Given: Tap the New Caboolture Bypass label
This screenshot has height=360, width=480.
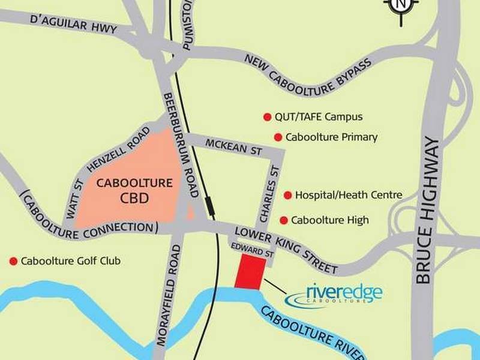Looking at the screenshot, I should click(x=308, y=71).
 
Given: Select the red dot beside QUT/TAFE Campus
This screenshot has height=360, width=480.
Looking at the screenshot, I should click(x=267, y=117).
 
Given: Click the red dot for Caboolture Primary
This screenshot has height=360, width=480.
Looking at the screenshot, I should click(x=278, y=137).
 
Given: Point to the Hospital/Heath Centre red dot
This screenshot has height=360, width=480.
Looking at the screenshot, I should click(x=288, y=195).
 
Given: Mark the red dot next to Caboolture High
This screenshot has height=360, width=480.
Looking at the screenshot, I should click(x=283, y=220).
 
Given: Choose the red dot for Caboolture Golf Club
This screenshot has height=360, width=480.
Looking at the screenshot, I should click(x=13, y=261).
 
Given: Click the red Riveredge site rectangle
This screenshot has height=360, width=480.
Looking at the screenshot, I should click(x=250, y=271).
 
